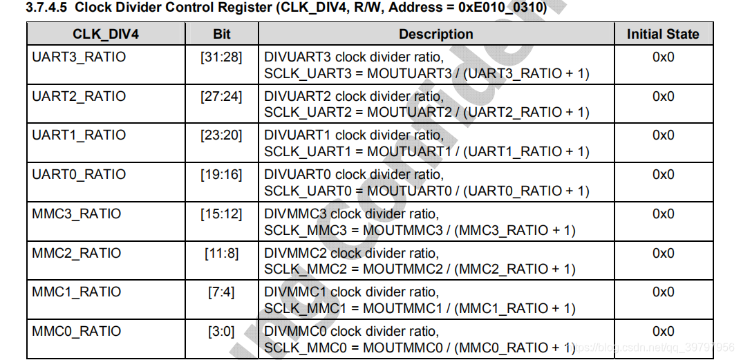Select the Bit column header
tap(221, 34)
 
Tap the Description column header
tap(435, 34)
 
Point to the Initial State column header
tap(663, 34)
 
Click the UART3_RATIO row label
tap(79, 57)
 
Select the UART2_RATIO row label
tap(79, 96)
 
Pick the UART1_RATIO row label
tap(79, 135)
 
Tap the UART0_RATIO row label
tap(79, 174)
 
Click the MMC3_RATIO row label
tap(76, 214)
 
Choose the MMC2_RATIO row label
tap(76, 253)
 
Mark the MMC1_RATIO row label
tap(76, 292)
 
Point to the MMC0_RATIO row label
tap(76, 331)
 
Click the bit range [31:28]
tap(221, 57)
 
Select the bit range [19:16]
tap(221, 174)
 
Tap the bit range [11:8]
tap(221, 253)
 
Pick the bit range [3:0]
tap(221, 331)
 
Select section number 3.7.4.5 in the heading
tap(46, 8)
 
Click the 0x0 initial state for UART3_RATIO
tap(663, 57)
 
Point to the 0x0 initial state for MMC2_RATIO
tap(663, 253)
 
